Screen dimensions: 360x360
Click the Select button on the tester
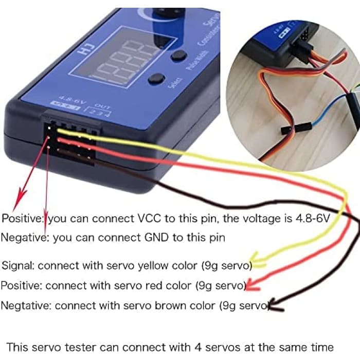[156, 79]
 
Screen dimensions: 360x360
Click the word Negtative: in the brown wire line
[26, 305]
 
